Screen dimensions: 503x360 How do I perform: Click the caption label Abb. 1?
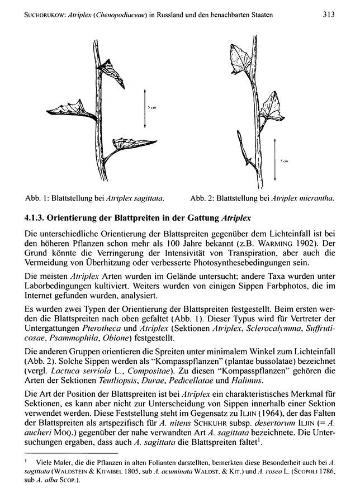38,198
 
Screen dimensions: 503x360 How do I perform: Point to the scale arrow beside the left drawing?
145,104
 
